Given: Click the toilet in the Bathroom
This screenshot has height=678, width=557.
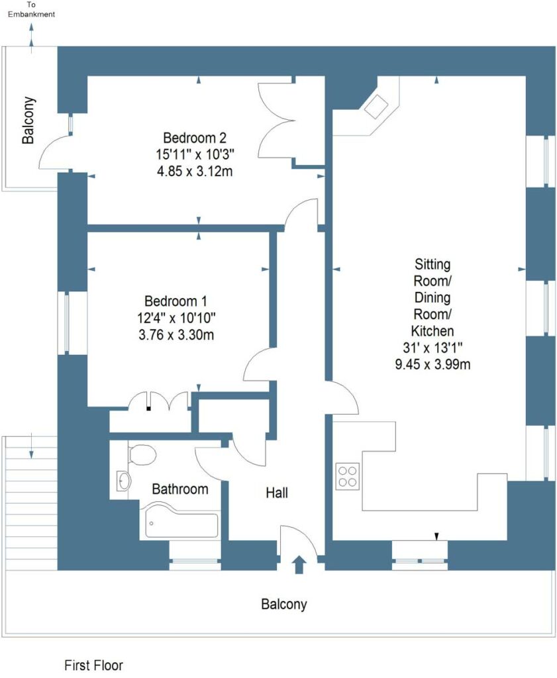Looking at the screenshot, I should pos(142,455).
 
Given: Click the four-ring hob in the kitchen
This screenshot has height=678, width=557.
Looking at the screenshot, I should pos(348,474).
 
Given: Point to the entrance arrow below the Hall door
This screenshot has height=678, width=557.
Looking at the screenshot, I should pos(299,564).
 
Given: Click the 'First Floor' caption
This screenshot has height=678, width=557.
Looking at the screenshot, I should pos(93,665).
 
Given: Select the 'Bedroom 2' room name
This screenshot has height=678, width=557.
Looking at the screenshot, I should pos(195,138).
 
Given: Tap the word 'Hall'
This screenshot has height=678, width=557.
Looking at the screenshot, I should pos(277,493).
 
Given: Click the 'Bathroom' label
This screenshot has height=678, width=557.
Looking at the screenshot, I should pos(180,489).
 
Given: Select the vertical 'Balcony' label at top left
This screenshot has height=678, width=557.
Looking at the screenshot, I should pos(28,121).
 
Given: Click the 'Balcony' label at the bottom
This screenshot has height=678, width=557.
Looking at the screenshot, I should pos(284,604).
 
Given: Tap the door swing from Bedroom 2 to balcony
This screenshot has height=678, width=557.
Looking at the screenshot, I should pos(54,151).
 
